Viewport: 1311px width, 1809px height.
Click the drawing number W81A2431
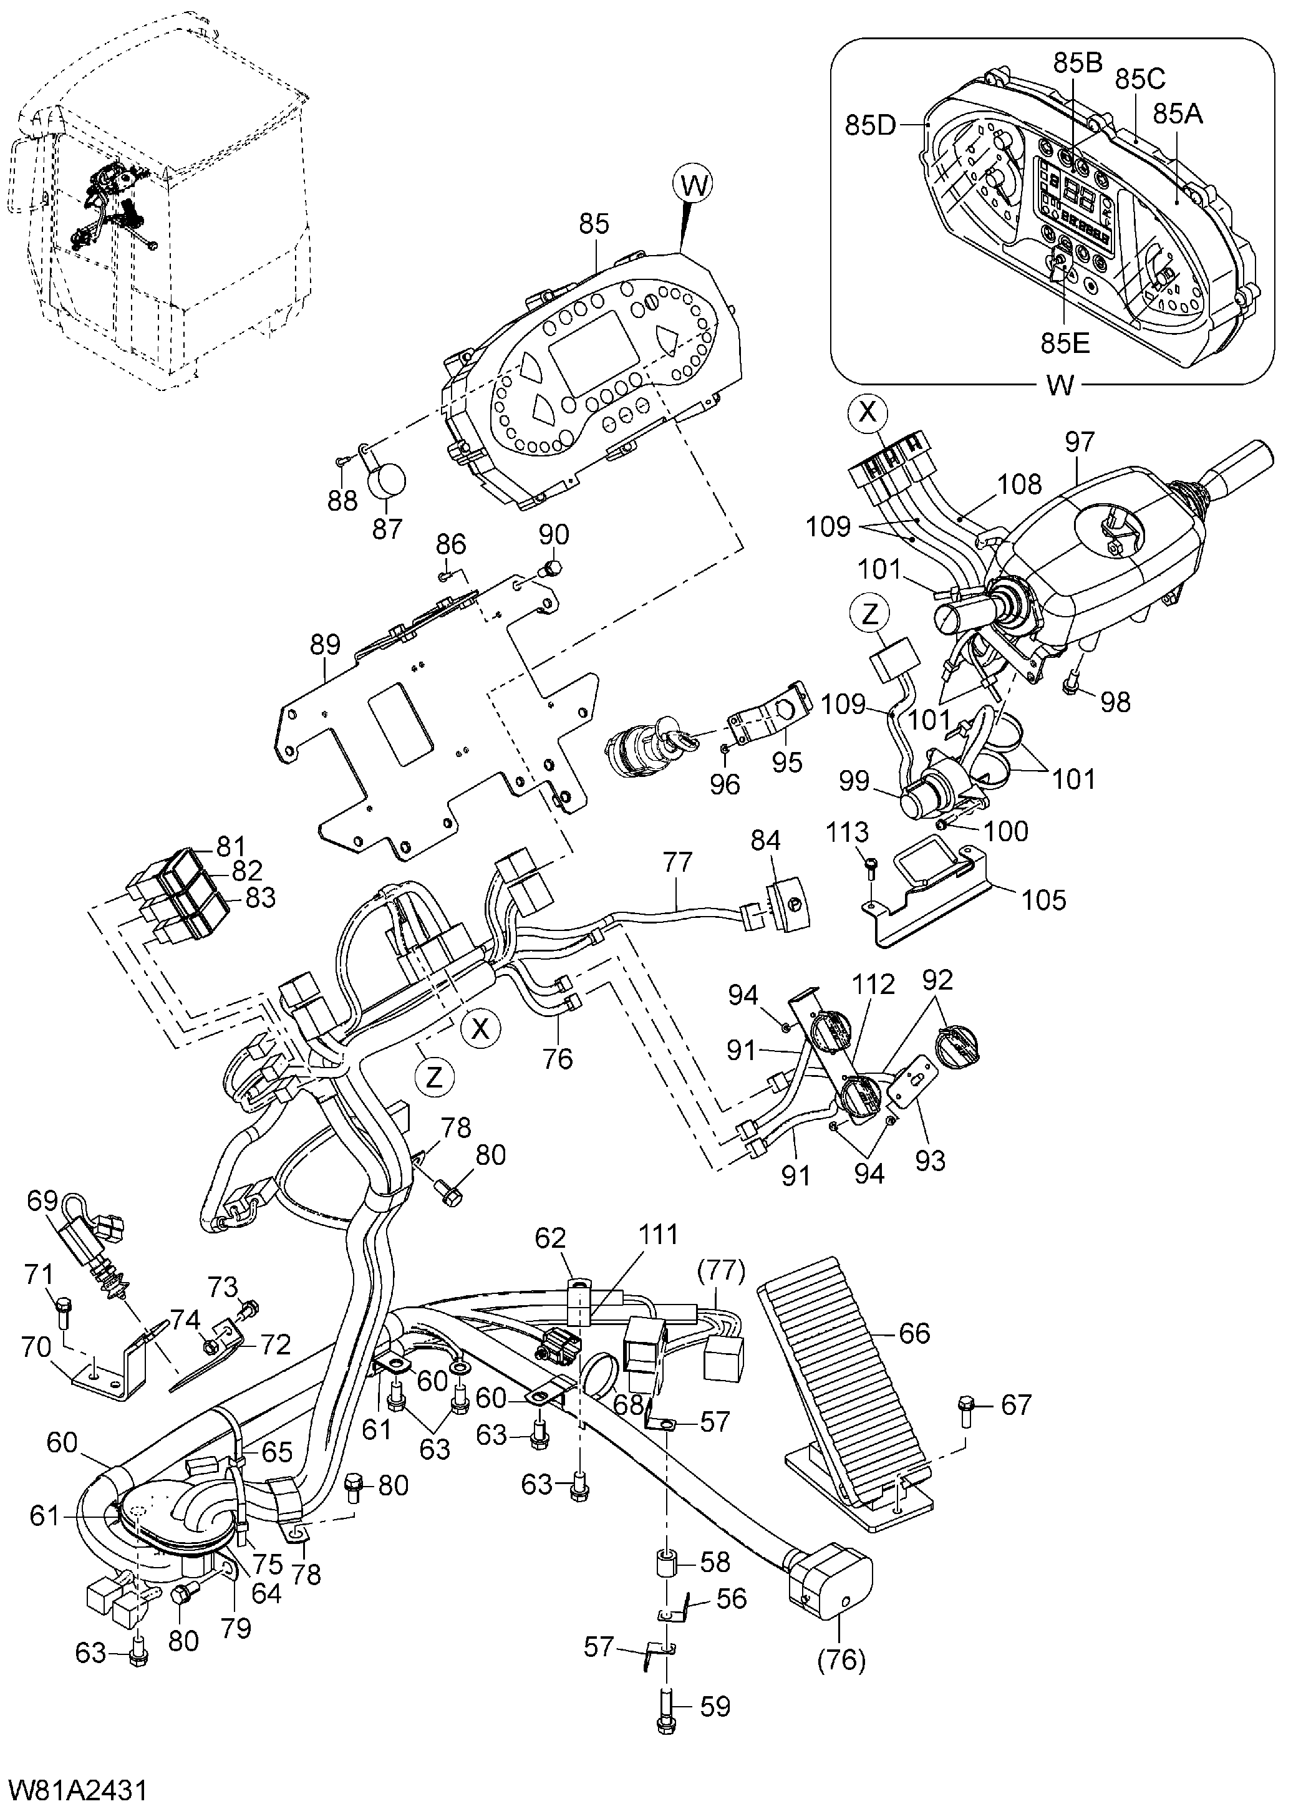click(77, 1786)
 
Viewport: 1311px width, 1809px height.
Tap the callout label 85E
click(1065, 343)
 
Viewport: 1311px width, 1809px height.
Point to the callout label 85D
click(871, 125)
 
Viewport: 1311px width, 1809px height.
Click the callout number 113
click(846, 832)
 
